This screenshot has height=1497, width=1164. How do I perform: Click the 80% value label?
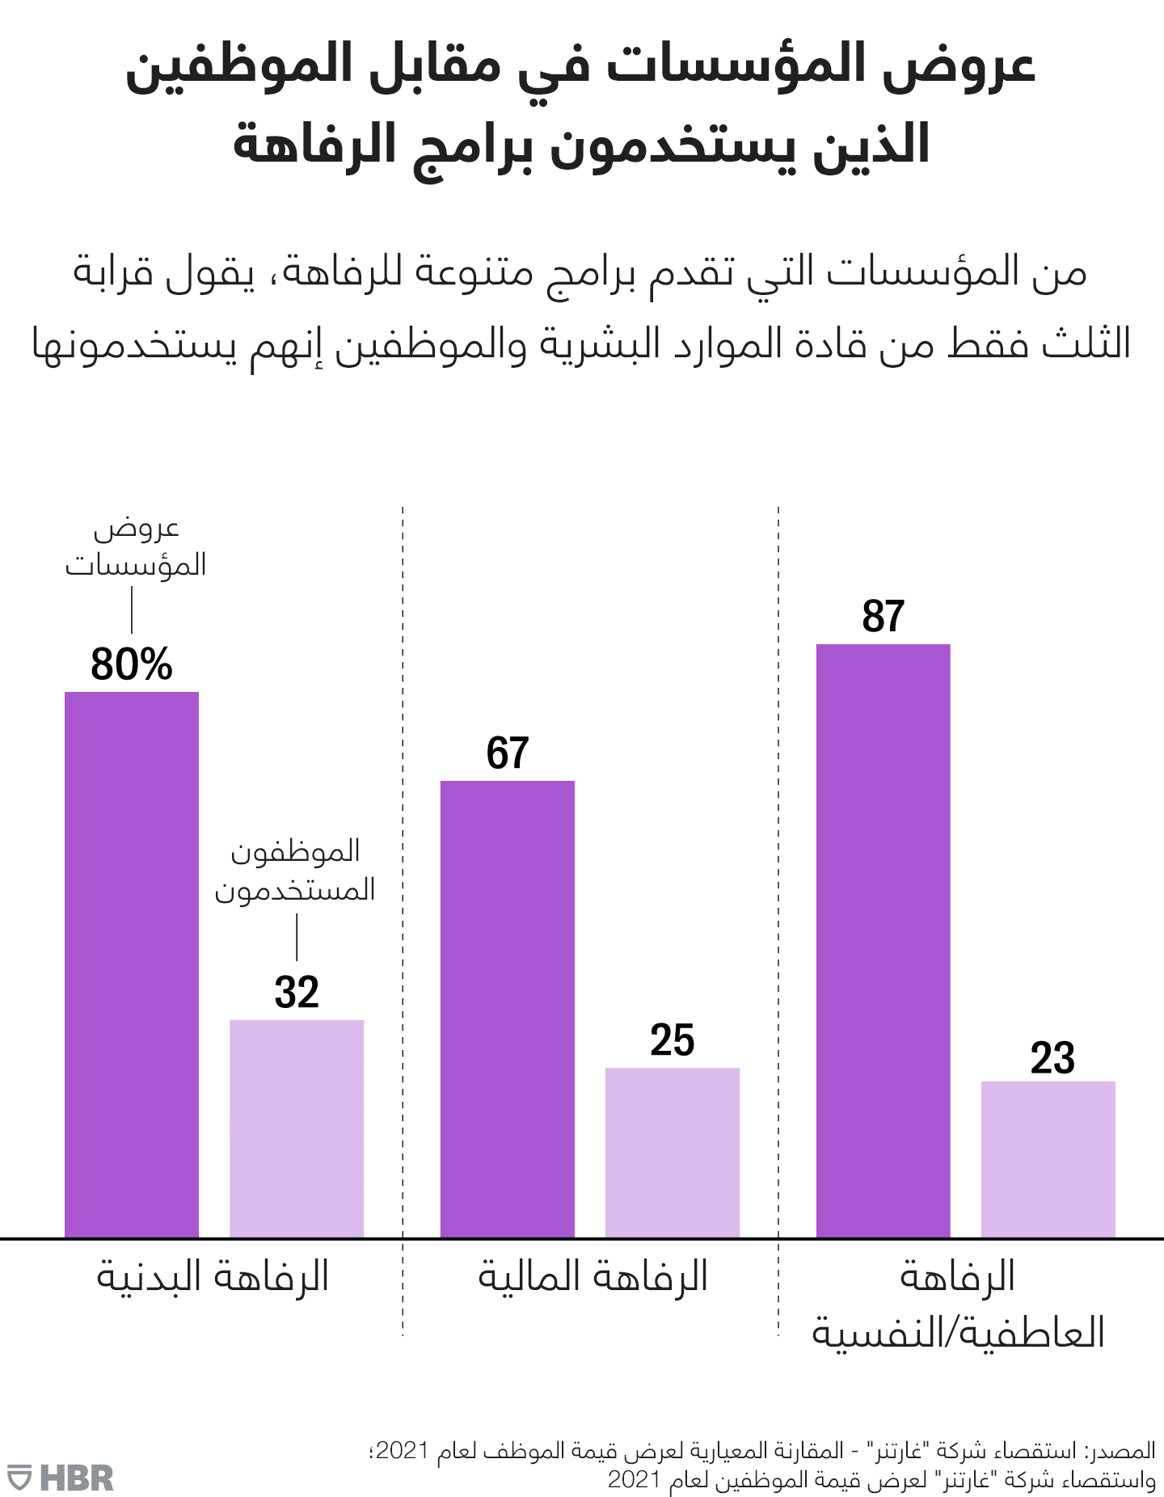point(132,664)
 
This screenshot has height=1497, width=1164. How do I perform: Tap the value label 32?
point(297,993)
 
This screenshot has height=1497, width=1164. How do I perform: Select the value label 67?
point(508,753)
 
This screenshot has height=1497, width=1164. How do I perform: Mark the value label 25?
point(673,1040)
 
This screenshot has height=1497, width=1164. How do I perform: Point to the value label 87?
point(884,617)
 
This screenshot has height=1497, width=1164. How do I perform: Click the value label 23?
point(1052,1058)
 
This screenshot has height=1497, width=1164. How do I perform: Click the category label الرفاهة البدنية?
point(213,1278)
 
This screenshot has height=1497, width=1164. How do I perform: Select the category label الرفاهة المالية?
point(593,1278)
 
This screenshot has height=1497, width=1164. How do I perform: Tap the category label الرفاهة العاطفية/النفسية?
point(958,1305)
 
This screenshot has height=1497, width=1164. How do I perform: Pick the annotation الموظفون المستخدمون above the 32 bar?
point(295,871)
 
